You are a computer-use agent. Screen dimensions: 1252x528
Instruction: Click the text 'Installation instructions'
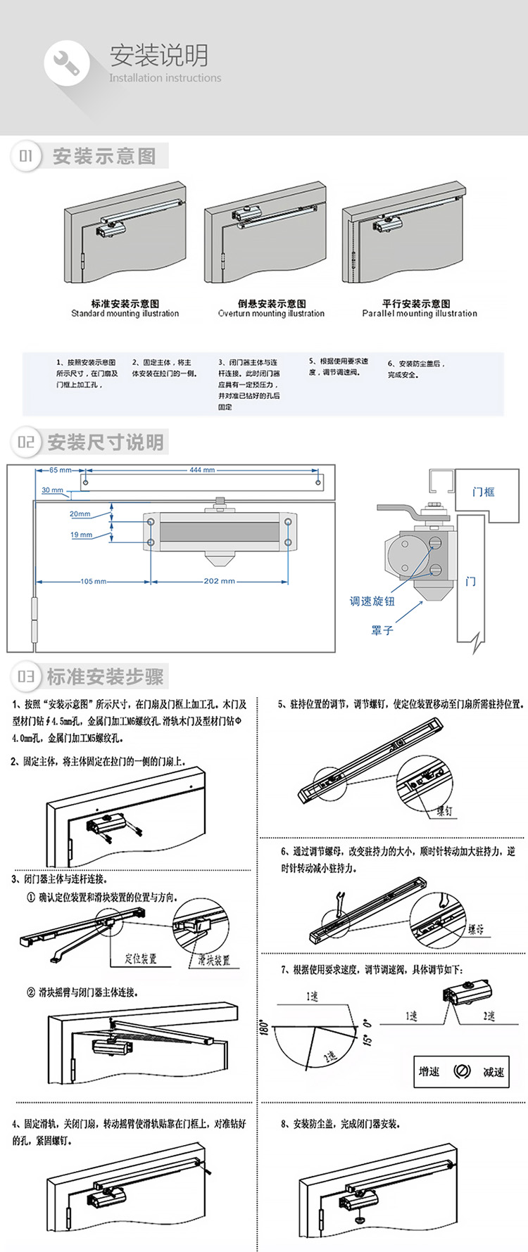pos(165,78)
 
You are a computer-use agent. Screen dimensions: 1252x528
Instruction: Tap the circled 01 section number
pos(26,156)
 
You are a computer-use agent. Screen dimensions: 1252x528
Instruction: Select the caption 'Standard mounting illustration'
pos(125,314)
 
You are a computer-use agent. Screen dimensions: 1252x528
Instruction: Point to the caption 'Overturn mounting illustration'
pos(271,314)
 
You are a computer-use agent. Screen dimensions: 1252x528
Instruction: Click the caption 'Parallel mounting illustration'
pos(420,314)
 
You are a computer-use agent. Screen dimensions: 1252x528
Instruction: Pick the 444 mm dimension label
pos(202,470)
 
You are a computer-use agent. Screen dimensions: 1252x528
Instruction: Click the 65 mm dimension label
pos(60,470)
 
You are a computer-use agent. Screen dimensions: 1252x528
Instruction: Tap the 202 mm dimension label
pos(219,581)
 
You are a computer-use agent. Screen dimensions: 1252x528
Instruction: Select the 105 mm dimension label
pos(93,581)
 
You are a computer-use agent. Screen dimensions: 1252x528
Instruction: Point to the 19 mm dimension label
pos(81,535)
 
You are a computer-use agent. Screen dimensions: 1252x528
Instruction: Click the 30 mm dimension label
pos(52,490)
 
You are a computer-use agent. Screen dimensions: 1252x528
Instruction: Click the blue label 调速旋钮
pos(372,601)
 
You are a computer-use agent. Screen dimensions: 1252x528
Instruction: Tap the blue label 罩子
pos(382,631)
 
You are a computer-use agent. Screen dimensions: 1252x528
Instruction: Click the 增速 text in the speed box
pos(429,1071)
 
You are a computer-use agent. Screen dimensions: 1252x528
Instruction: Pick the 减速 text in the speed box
pos(493,1072)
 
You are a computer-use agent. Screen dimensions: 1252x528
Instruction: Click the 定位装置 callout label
pos(140,959)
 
